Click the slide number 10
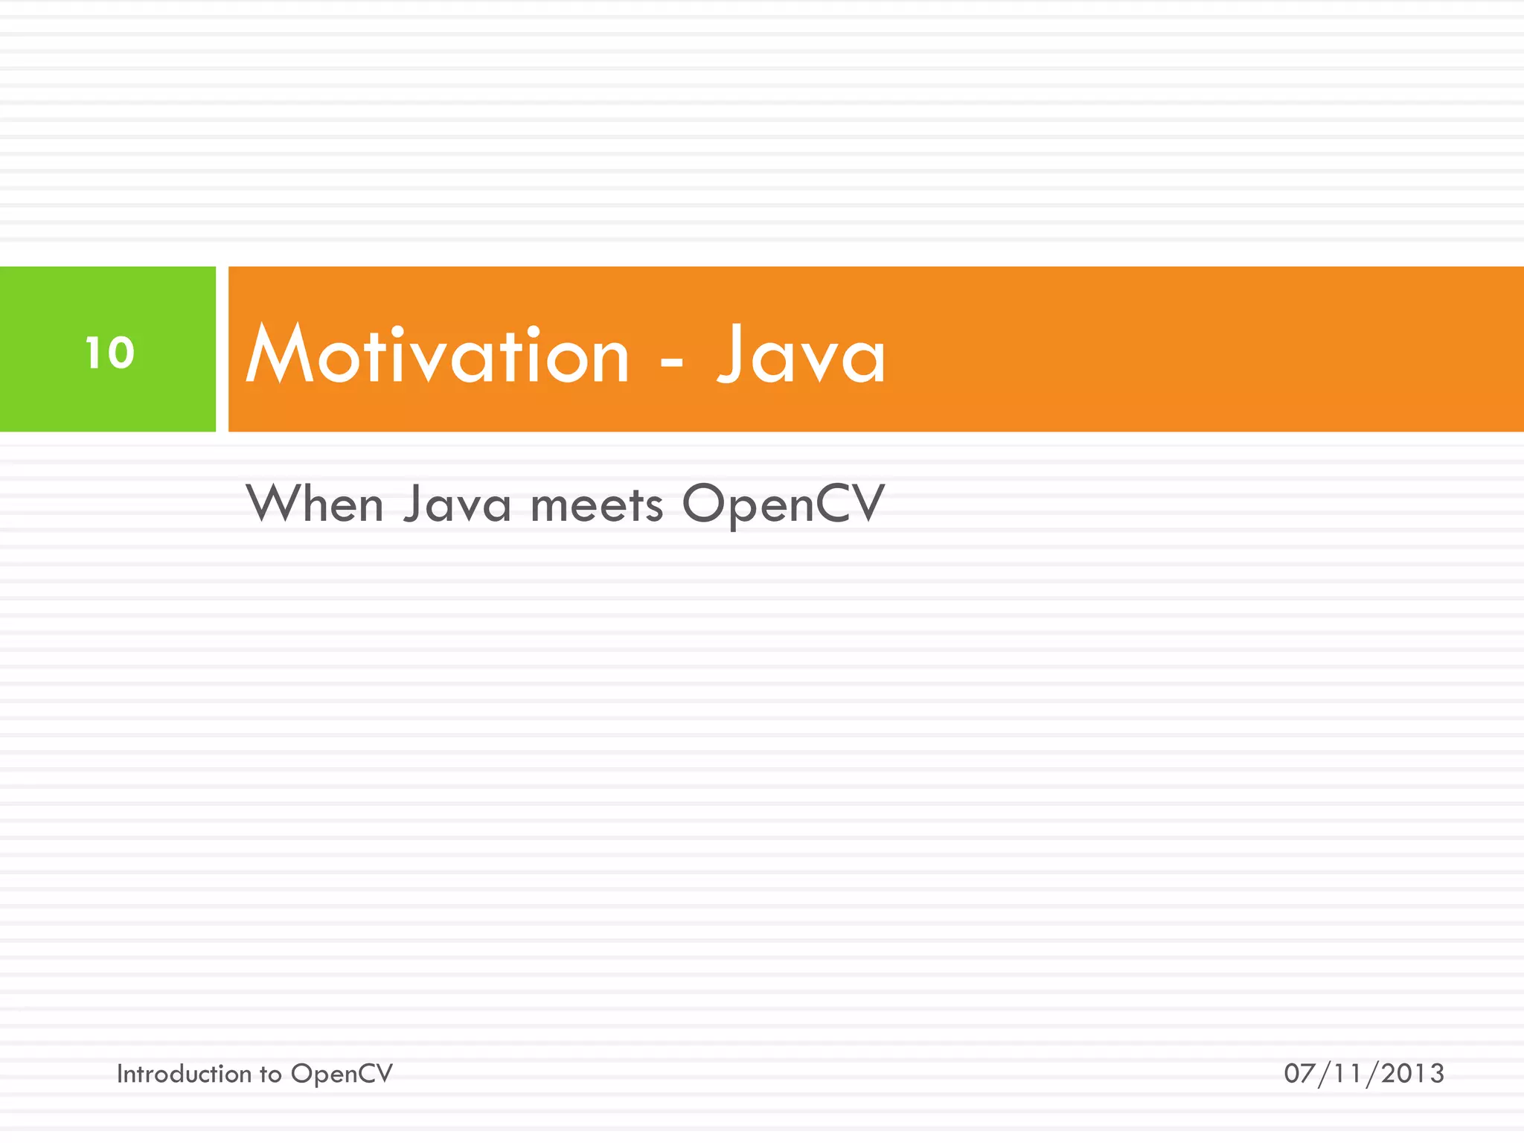[x=109, y=353]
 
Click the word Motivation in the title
[x=438, y=356]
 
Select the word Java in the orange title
[x=801, y=356]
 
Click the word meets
[x=596, y=505]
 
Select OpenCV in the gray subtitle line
[x=784, y=505]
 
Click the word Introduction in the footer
[x=184, y=1074]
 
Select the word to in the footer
[x=270, y=1075]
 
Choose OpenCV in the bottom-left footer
[x=342, y=1075]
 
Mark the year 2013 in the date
[x=1412, y=1074]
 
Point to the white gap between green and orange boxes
[x=222, y=349]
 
